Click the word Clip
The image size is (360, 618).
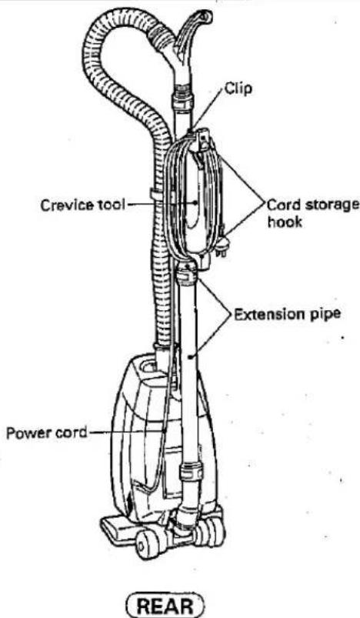[238, 89]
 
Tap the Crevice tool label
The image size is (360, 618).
[83, 205]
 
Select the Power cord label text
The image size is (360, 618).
[46, 433]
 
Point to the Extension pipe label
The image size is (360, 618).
[287, 315]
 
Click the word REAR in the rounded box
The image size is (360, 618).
[165, 606]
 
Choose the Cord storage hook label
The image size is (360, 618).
[313, 213]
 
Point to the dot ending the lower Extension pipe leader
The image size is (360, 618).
[190, 357]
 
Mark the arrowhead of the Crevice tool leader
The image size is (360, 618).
[197, 203]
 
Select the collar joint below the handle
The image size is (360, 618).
[184, 96]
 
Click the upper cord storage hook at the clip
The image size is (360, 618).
[204, 141]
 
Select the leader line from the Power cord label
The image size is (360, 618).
[126, 432]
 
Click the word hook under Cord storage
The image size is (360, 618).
[285, 222]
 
